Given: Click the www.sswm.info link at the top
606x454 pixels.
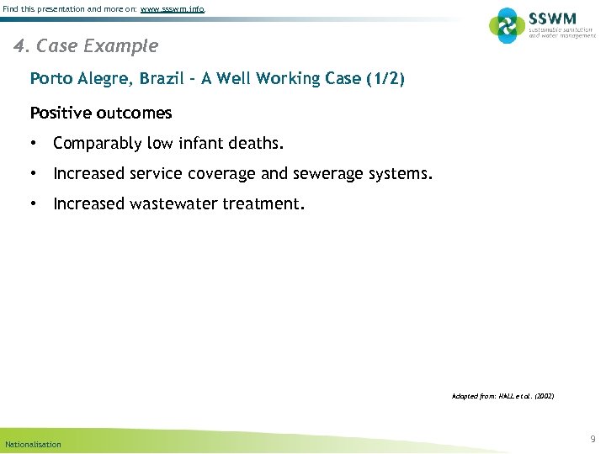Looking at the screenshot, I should (x=173, y=9).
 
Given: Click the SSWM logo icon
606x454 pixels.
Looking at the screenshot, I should (x=507, y=25).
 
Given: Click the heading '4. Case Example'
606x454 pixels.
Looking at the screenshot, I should (x=86, y=45).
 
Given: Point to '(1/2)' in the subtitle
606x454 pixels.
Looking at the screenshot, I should (x=385, y=79).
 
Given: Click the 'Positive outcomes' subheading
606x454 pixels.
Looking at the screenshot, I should (x=101, y=113).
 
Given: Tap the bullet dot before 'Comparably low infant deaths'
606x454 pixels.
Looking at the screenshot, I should (x=35, y=144).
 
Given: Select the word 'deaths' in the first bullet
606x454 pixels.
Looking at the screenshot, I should (x=256, y=144).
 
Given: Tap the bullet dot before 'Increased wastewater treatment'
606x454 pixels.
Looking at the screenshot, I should (x=35, y=204).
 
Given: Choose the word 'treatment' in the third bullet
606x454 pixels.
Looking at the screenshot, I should (x=261, y=204).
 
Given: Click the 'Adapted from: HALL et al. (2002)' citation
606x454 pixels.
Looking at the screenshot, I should (x=502, y=395).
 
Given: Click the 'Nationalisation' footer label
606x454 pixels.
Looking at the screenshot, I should (x=34, y=444).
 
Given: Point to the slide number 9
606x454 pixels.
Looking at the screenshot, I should (x=593, y=439).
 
